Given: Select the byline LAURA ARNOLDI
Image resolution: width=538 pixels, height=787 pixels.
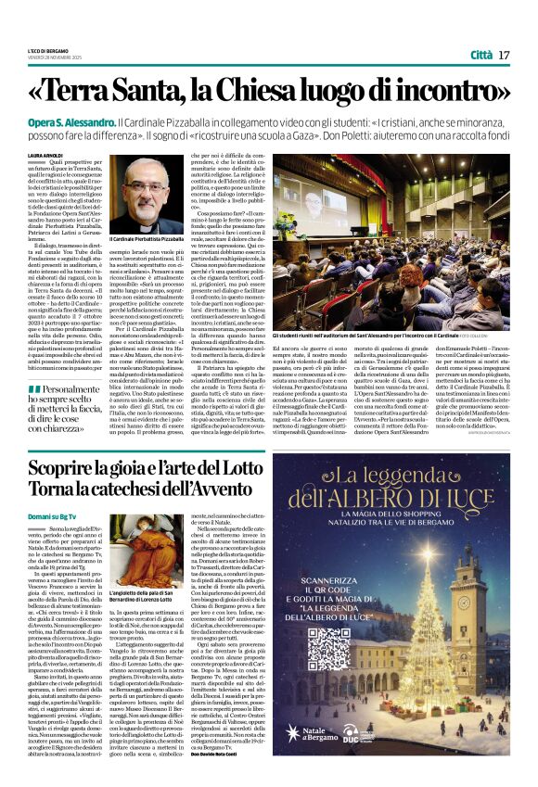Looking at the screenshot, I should click(45, 156).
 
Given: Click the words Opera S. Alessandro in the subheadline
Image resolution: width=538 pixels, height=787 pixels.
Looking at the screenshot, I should click(67, 122).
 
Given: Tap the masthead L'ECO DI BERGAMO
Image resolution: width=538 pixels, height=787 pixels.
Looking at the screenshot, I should click(45, 49).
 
